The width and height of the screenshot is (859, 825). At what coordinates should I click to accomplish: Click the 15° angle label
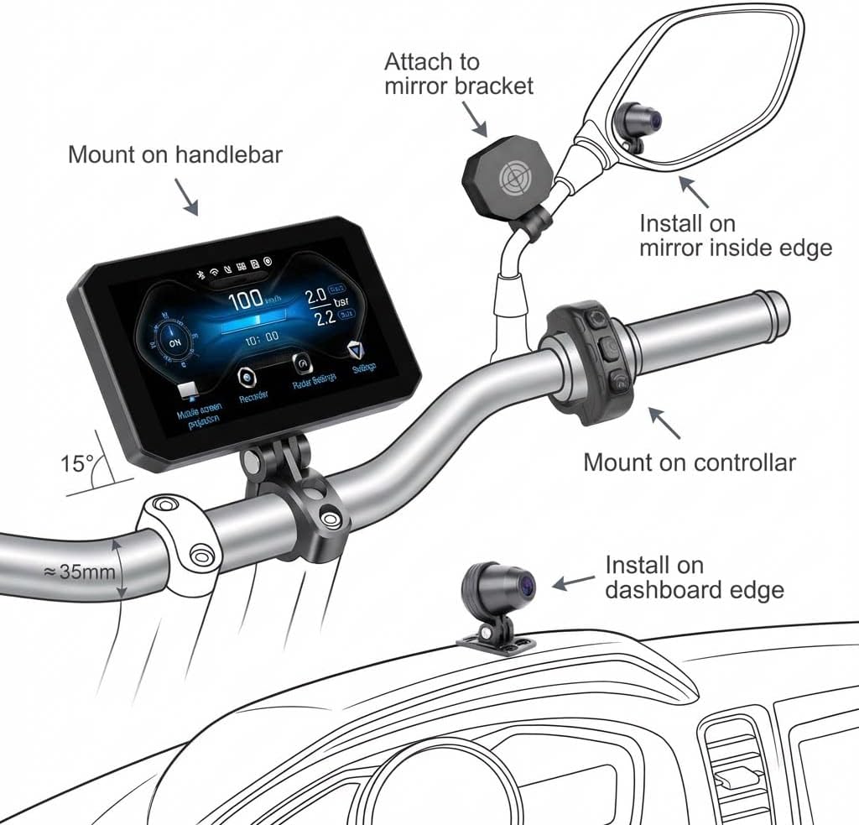[x=76, y=462]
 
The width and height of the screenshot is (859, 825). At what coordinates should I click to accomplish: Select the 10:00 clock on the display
[x=261, y=337]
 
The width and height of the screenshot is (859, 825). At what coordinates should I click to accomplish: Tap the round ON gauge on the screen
[x=174, y=342]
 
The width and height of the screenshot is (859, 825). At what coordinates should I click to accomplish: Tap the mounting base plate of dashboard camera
[x=496, y=642]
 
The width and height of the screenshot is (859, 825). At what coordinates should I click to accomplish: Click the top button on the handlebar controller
[x=596, y=320]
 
